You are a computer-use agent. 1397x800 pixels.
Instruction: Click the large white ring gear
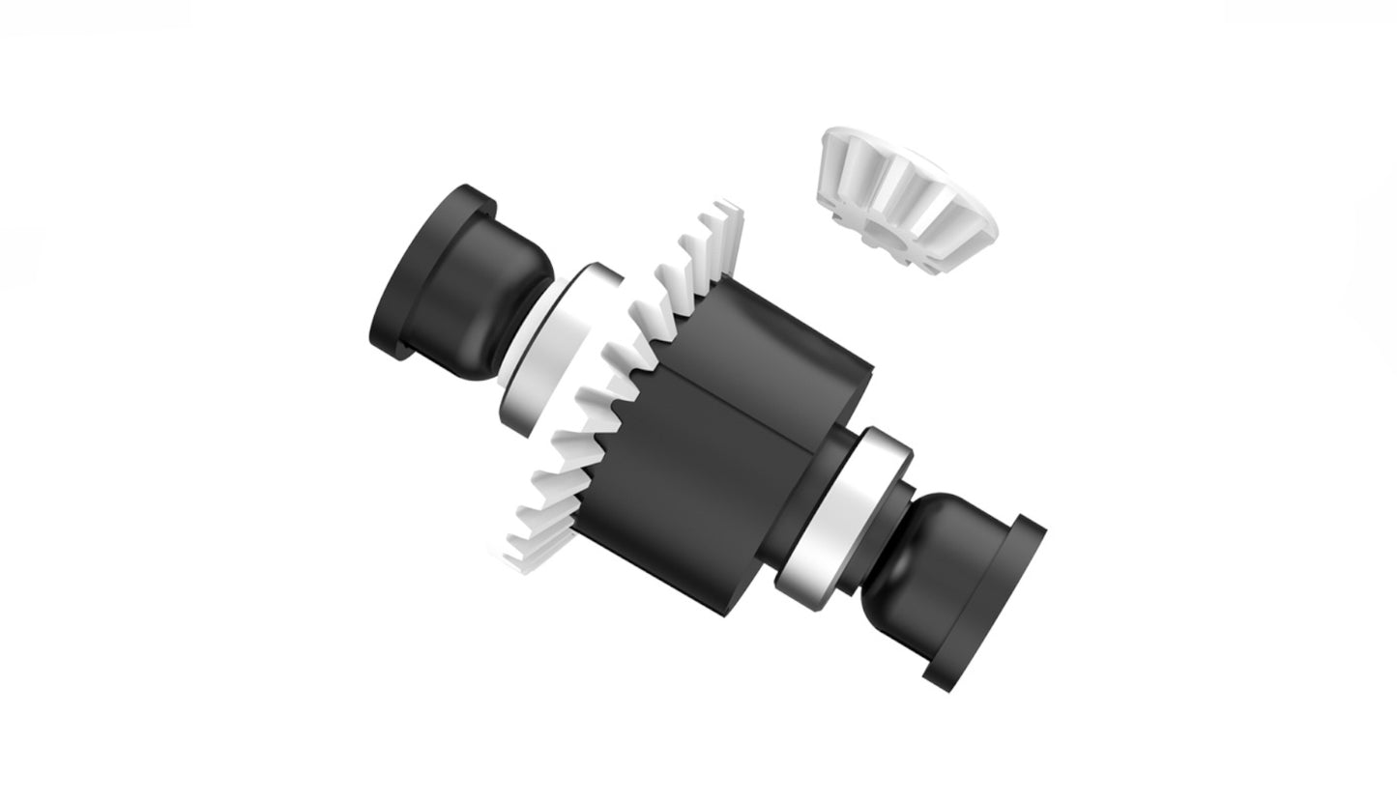tap(619, 386)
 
